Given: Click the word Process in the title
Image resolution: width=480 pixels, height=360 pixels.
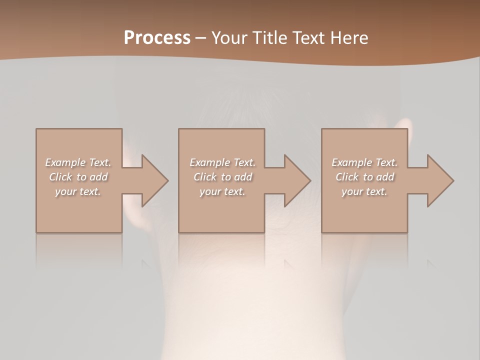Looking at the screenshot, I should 157,38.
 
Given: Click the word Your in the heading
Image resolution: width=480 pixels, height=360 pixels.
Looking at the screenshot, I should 229,38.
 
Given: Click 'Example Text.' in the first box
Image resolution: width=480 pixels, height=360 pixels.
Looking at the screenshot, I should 78,162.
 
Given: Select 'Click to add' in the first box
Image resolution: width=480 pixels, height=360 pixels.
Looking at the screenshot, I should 78,177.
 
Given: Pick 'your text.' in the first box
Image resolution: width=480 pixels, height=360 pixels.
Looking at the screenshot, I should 78,191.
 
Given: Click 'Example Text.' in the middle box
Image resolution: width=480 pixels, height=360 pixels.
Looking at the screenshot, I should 222,162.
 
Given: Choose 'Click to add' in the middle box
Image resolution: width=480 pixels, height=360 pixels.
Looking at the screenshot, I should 222,177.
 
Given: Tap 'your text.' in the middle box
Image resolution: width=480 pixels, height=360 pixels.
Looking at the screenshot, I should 222,191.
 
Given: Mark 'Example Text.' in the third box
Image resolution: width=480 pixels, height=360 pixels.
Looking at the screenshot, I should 364,162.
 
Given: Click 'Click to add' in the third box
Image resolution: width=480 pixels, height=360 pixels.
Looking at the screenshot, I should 365,177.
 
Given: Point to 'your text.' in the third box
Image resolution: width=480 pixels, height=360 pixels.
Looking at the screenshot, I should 364,191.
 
